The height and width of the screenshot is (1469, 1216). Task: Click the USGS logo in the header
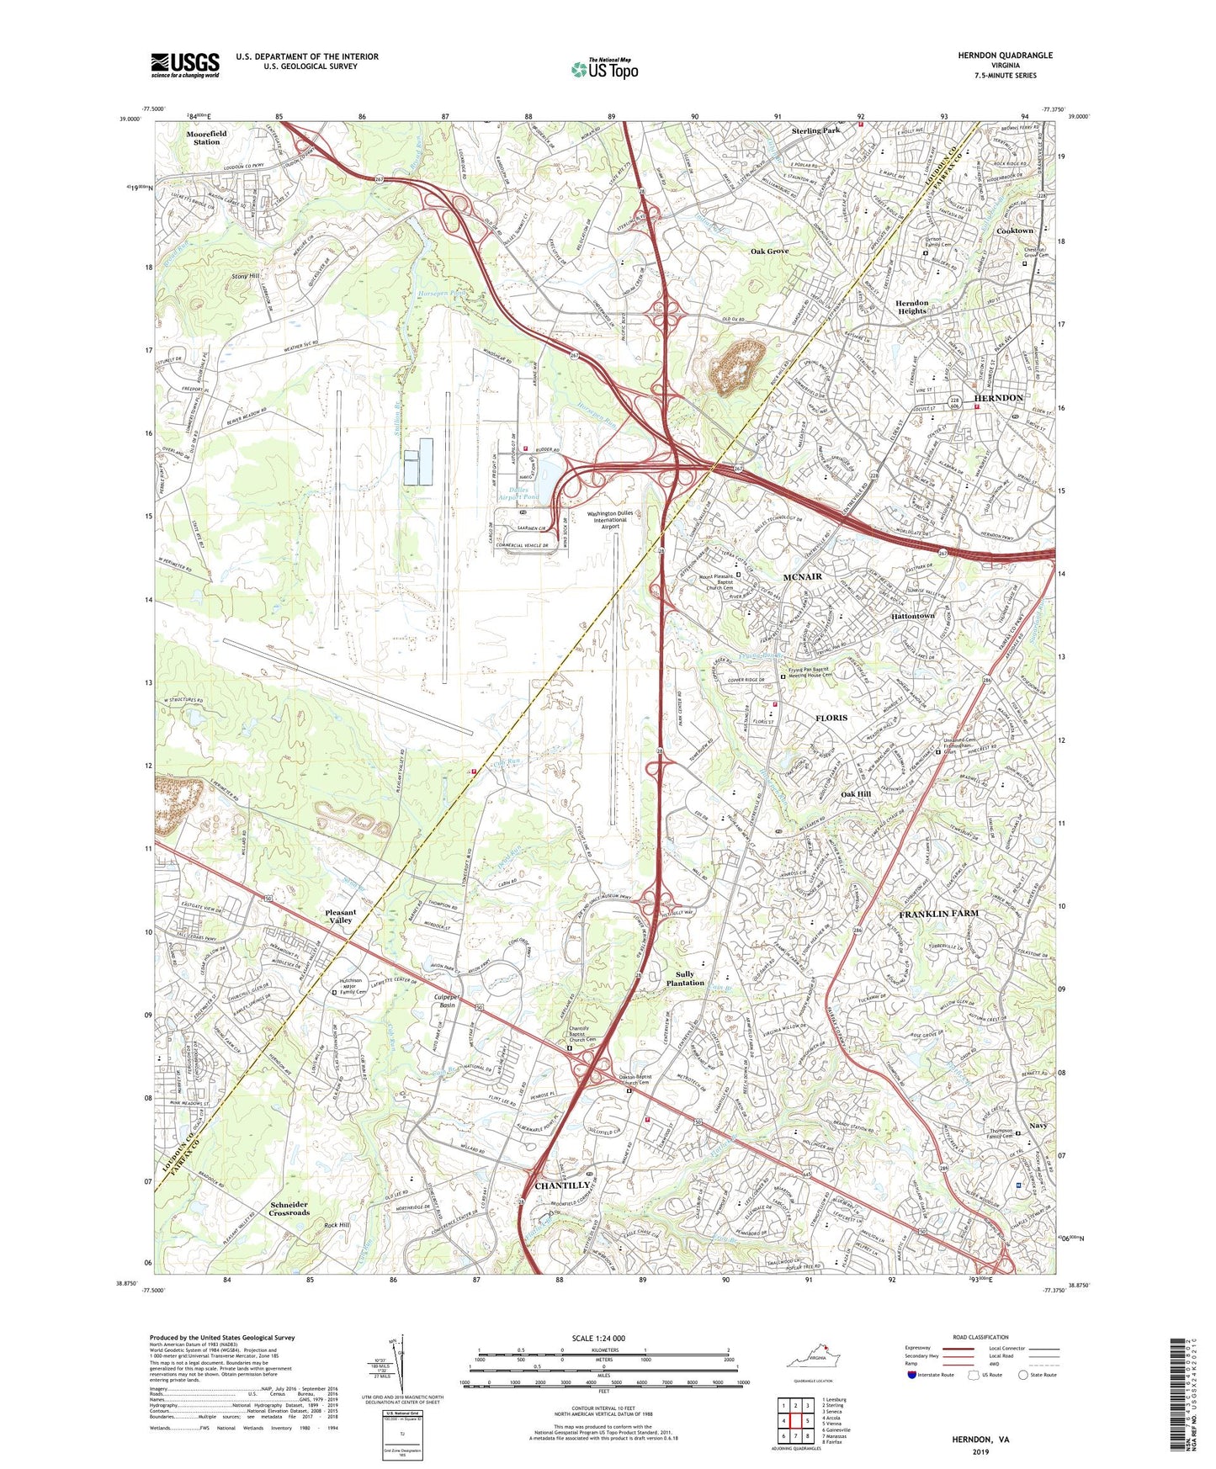click(x=184, y=65)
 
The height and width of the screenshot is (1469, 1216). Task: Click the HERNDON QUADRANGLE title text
click(x=1005, y=56)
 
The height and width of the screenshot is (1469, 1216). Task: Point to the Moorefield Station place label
click(x=206, y=138)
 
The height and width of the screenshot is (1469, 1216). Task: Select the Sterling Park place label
click(x=815, y=131)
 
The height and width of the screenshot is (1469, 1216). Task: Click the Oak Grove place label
click(x=769, y=252)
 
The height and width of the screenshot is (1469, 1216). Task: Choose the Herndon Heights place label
click(x=911, y=307)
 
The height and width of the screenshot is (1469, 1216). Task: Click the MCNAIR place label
click(x=802, y=577)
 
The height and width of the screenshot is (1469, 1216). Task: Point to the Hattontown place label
click(x=913, y=616)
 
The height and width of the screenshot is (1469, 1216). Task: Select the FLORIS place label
click(x=831, y=718)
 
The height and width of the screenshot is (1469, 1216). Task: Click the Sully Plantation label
click(x=685, y=978)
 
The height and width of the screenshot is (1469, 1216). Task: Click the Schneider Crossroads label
click(x=289, y=1208)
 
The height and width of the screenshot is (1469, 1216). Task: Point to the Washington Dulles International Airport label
click(x=610, y=520)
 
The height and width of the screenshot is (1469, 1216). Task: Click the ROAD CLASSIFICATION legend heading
click(x=980, y=1337)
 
